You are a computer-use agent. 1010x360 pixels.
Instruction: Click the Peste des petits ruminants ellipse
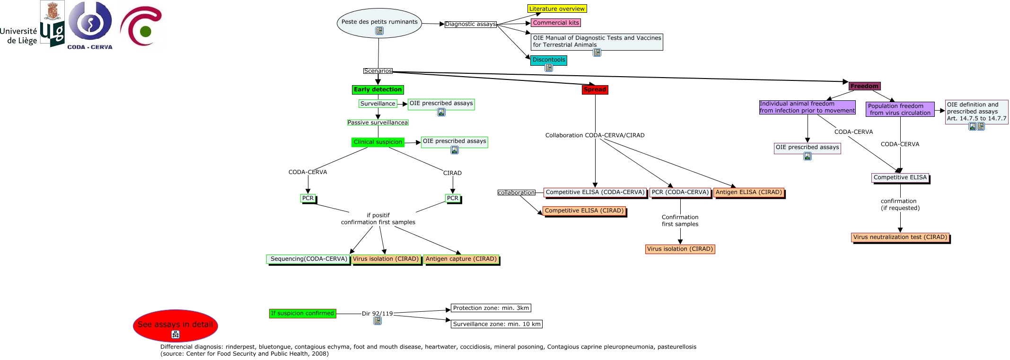(380, 22)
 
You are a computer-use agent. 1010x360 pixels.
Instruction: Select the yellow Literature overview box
(557, 9)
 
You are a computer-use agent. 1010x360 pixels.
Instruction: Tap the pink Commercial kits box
(555, 23)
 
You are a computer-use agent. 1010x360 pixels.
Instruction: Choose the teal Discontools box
(548, 60)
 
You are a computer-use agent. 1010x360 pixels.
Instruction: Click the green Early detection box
(378, 89)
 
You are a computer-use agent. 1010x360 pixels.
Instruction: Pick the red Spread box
(595, 89)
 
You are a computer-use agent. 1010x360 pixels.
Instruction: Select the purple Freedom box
(864, 86)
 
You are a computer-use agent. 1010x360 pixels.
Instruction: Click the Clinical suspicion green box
(378, 142)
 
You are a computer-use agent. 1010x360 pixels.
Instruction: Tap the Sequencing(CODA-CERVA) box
(308, 259)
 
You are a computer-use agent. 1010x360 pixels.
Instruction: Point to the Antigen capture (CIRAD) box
(461, 259)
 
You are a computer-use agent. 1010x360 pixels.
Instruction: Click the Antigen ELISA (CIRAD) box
(748, 192)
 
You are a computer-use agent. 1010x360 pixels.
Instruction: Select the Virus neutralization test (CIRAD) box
(900, 237)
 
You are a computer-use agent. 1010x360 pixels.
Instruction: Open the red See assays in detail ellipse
(175, 325)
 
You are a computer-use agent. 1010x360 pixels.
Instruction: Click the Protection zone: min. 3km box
(491, 308)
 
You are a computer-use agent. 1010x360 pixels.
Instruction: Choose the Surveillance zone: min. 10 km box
(496, 324)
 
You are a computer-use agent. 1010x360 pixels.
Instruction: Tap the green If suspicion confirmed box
(302, 313)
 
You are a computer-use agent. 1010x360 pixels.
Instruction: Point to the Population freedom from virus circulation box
(900, 109)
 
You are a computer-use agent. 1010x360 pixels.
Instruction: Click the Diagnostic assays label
(470, 24)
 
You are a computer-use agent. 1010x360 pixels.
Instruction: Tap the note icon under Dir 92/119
(378, 321)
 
